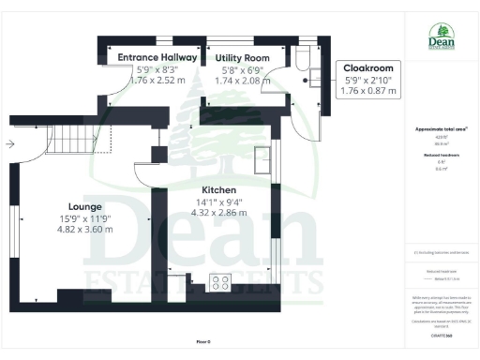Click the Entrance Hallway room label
pos(157,58)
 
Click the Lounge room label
pos(84,206)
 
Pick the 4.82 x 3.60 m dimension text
pos(84,228)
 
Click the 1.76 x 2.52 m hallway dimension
pos(157,80)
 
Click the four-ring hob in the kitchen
pos(222,280)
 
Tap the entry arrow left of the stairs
pos(10,143)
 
